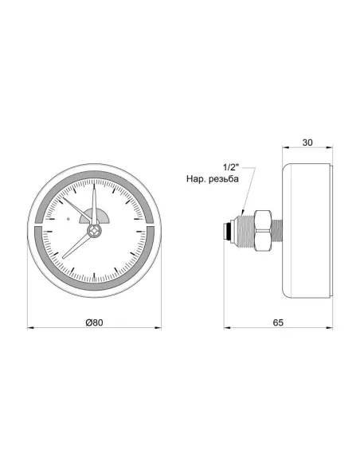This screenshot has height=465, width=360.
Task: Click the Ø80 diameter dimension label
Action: point(94,322)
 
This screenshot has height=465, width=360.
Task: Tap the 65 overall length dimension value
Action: point(278,322)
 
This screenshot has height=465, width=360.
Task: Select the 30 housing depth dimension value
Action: point(307,143)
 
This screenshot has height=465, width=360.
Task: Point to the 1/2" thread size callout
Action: point(231,167)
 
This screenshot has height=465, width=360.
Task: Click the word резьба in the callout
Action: point(223,179)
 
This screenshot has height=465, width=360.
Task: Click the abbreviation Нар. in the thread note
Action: point(195,179)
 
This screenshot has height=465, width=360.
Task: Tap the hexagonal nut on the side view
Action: point(263,230)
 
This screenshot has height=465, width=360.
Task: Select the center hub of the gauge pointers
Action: point(94,230)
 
